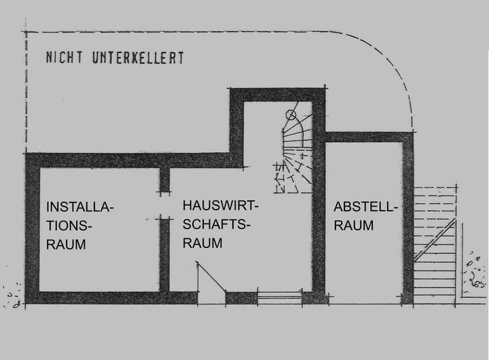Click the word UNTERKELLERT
pos(137,58)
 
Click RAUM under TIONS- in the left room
pos(66,245)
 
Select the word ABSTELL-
pos(365,208)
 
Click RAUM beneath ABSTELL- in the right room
pos(353,226)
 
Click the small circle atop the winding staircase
pos(291,115)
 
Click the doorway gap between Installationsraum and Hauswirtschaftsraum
pos(164,204)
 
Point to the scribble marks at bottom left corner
pos(12,297)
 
